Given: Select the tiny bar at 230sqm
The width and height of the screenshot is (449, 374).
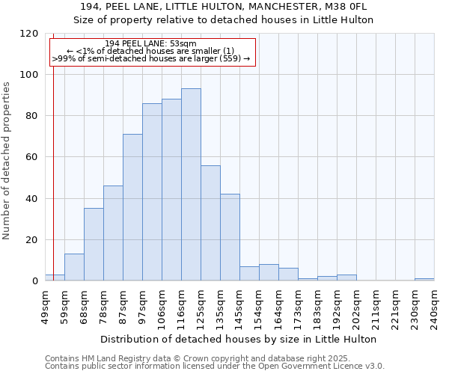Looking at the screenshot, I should [x=424, y=280].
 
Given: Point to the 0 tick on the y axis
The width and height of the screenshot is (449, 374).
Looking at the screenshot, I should [x=35, y=281].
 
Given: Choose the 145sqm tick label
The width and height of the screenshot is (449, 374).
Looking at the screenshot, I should [x=239, y=307].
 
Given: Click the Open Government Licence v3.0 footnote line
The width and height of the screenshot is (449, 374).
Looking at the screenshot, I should [x=215, y=367].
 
